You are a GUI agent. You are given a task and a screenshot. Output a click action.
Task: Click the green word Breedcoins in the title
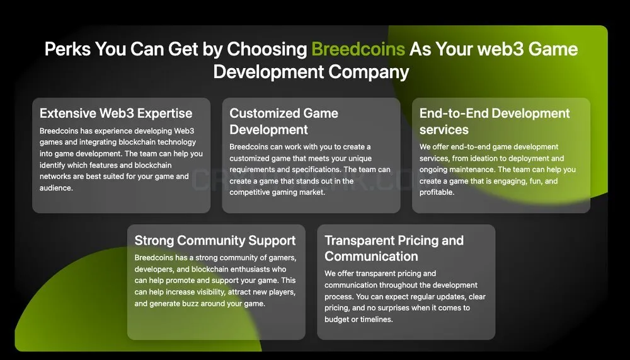[358, 49]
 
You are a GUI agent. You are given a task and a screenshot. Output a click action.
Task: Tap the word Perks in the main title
[67, 49]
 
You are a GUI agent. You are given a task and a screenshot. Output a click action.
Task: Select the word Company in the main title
[369, 73]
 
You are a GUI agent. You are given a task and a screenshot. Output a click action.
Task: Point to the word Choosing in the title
[266, 50]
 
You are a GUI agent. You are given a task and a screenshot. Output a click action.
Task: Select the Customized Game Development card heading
[283, 122]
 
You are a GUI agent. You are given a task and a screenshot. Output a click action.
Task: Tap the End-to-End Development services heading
[495, 122]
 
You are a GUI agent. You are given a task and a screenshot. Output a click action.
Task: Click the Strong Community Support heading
[215, 241]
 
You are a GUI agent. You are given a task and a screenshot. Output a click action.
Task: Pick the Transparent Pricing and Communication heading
[394, 248]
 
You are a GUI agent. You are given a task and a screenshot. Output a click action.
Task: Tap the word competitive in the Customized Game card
[249, 192]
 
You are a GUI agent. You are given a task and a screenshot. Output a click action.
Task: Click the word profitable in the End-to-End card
[437, 192]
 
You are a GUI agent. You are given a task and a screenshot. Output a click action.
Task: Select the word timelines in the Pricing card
[376, 320]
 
